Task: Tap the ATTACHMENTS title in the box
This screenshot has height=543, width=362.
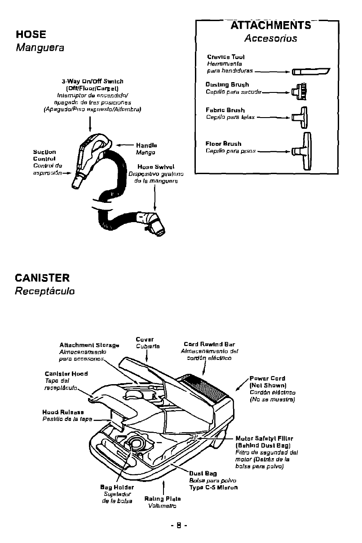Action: tap(270, 25)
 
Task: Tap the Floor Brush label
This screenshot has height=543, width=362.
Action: tap(223, 144)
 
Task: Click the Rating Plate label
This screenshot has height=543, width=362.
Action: tap(163, 499)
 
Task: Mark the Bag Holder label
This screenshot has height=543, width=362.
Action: tap(117, 487)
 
